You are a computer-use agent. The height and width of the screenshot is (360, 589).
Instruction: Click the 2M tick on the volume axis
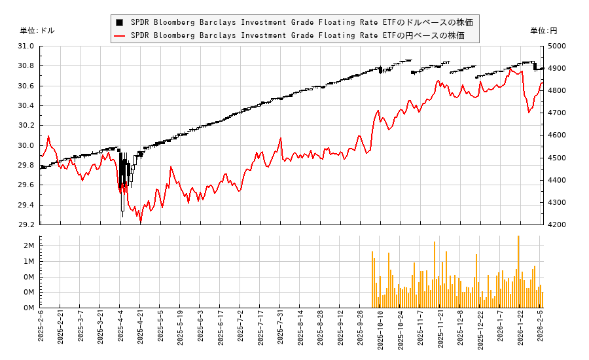[29, 245]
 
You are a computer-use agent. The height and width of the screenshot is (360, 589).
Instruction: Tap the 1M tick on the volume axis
[29, 261]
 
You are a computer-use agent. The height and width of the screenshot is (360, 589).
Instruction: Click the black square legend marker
[119, 22]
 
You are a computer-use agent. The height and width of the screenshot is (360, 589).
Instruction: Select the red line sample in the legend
[119, 35]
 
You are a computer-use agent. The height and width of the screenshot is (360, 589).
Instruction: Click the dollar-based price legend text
[301, 22]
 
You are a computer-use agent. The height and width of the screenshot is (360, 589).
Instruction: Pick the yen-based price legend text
[297, 35]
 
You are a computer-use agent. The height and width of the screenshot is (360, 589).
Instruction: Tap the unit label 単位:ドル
[37, 31]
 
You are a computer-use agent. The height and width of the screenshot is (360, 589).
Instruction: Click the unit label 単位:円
[543, 31]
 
